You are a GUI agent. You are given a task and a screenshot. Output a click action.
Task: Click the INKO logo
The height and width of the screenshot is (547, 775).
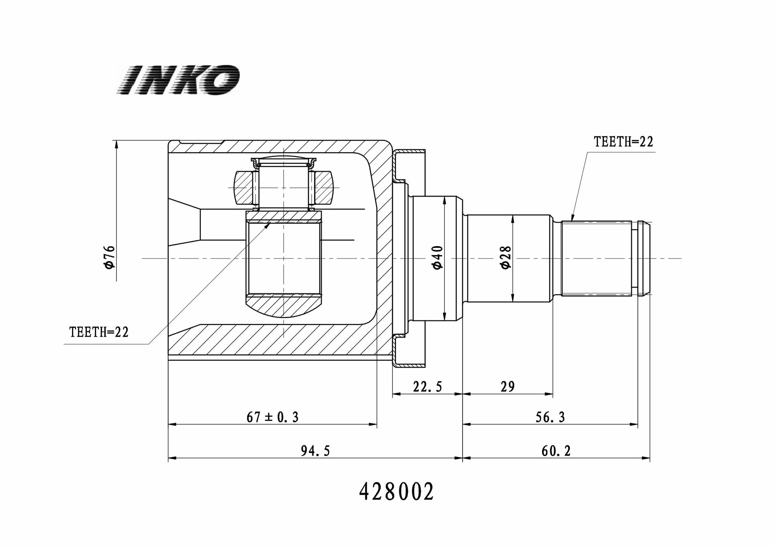[178, 80]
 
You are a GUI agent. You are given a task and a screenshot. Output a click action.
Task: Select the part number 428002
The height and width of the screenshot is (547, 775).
[396, 492]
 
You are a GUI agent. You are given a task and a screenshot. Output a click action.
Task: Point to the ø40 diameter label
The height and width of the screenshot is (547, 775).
[438, 258]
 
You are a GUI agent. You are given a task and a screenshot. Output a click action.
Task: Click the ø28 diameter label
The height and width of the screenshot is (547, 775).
[506, 258]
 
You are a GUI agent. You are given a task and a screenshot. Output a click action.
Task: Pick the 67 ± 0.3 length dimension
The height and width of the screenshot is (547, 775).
[272, 417]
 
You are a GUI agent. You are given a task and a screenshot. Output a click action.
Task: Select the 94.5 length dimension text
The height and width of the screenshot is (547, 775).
[315, 451]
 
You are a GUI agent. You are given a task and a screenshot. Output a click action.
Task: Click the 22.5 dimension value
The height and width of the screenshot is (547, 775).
[427, 386]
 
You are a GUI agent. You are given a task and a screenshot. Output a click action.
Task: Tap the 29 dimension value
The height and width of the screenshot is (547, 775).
[507, 386]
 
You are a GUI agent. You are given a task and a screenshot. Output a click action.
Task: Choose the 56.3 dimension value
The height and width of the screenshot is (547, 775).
[550, 417]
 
